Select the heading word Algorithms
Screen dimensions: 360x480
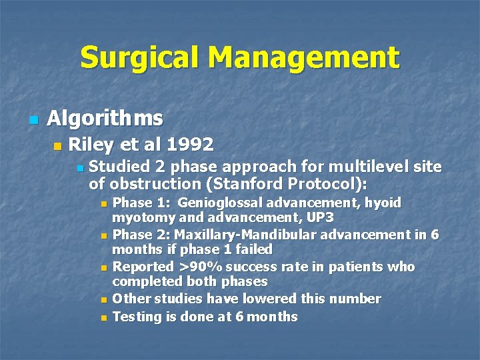(x=105, y=119)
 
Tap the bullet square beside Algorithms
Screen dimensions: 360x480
(x=33, y=120)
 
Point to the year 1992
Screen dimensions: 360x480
(x=190, y=144)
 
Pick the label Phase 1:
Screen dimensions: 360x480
(x=136, y=203)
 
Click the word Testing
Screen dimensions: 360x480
(x=137, y=316)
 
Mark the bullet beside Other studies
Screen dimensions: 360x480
(x=103, y=300)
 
